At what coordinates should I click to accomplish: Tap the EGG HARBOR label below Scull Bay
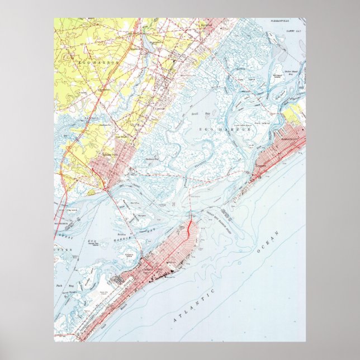click(226, 129)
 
